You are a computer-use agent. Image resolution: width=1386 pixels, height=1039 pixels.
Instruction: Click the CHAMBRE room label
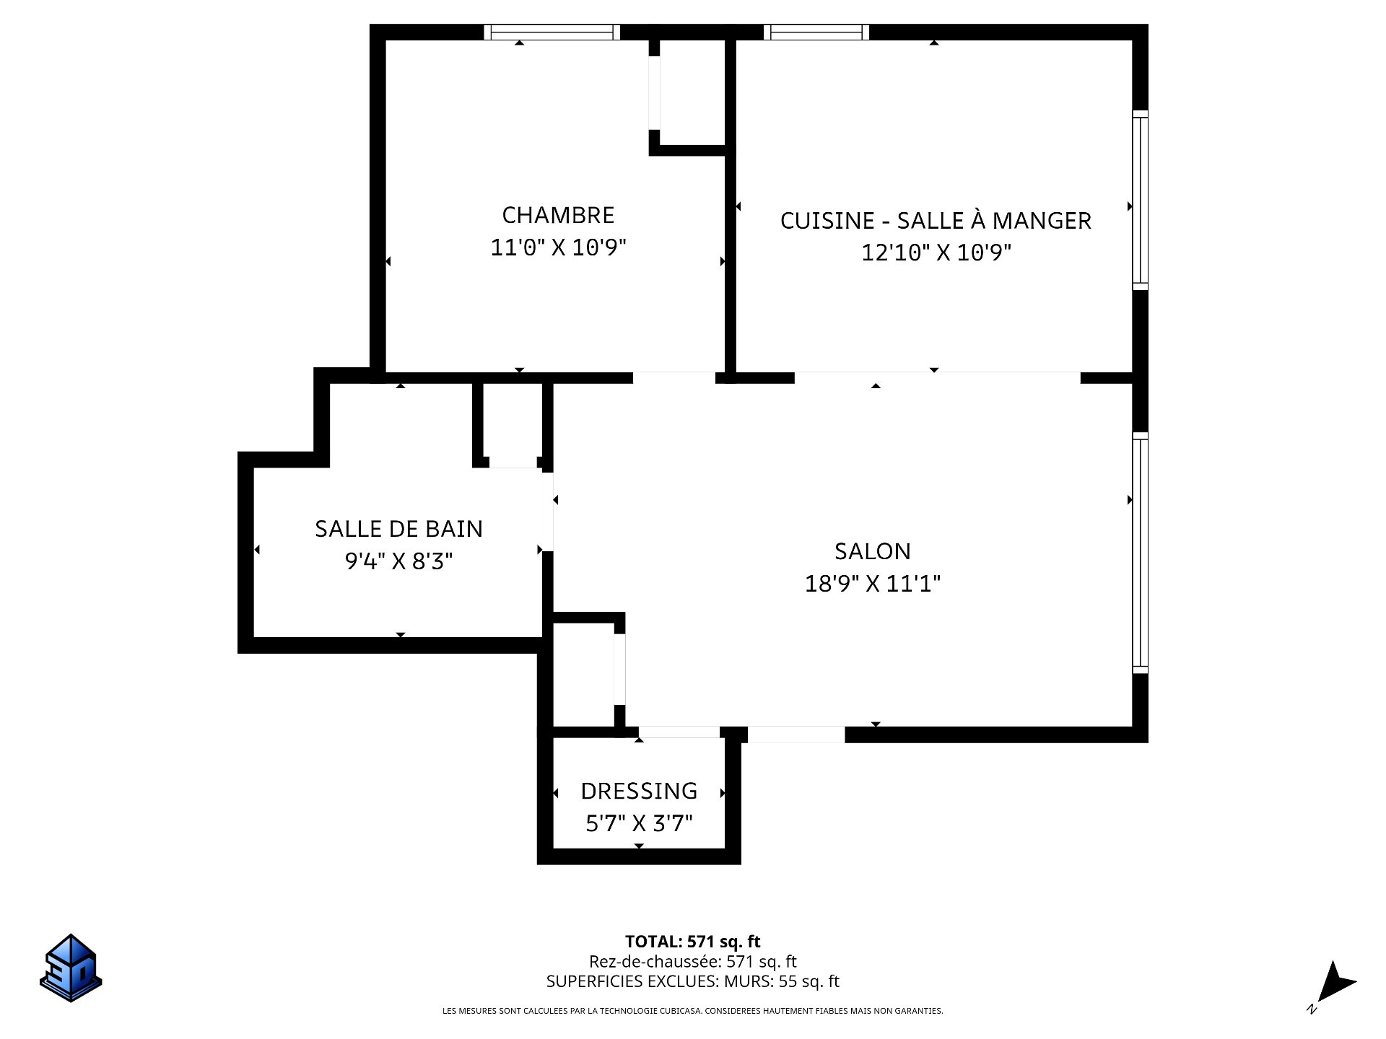coord(558,215)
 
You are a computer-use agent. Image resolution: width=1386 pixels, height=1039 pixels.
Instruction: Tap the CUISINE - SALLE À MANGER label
coord(936,220)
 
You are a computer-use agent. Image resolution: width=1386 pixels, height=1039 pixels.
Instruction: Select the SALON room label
coord(873,551)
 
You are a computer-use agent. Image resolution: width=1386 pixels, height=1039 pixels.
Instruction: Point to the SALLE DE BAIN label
coord(398,529)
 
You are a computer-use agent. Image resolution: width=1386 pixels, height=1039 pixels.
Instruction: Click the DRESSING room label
coord(639,791)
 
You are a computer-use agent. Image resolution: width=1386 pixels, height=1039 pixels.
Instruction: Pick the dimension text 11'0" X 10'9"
coord(558,247)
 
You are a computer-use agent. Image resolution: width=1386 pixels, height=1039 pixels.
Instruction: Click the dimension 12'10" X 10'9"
coord(936,253)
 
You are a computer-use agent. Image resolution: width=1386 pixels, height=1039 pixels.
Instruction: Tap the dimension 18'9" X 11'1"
coord(873,583)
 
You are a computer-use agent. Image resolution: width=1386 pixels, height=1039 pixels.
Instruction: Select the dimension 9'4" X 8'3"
coord(398,561)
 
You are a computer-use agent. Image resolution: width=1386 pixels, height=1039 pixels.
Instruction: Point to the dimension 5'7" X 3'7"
coord(639,823)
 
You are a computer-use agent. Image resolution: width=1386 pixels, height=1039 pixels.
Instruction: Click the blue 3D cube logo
coord(71,968)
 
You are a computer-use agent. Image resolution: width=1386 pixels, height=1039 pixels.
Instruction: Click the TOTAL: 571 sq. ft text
coord(693,942)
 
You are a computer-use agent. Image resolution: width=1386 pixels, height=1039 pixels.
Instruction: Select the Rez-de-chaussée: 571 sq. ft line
coord(693,961)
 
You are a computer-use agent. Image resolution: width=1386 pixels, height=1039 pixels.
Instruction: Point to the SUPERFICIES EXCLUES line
coord(693,981)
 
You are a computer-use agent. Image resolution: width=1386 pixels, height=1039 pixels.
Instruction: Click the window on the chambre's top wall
coord(552,32)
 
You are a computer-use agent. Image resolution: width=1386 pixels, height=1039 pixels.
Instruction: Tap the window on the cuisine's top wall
coord(816,32)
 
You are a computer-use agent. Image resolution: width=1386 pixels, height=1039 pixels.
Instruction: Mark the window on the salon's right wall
coord(1140,553)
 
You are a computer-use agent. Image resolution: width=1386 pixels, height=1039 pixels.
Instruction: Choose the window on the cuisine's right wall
coord(1140,200)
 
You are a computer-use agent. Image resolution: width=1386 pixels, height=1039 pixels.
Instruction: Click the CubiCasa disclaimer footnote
coord(693,1011)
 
